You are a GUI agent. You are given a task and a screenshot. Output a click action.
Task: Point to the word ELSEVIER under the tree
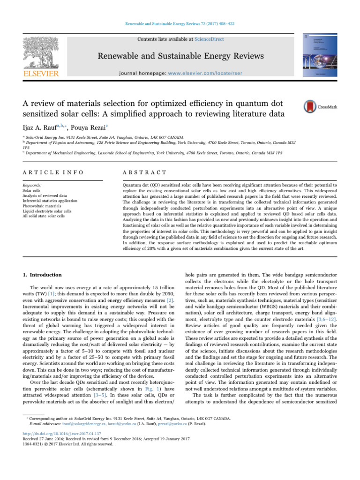point(36,74)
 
